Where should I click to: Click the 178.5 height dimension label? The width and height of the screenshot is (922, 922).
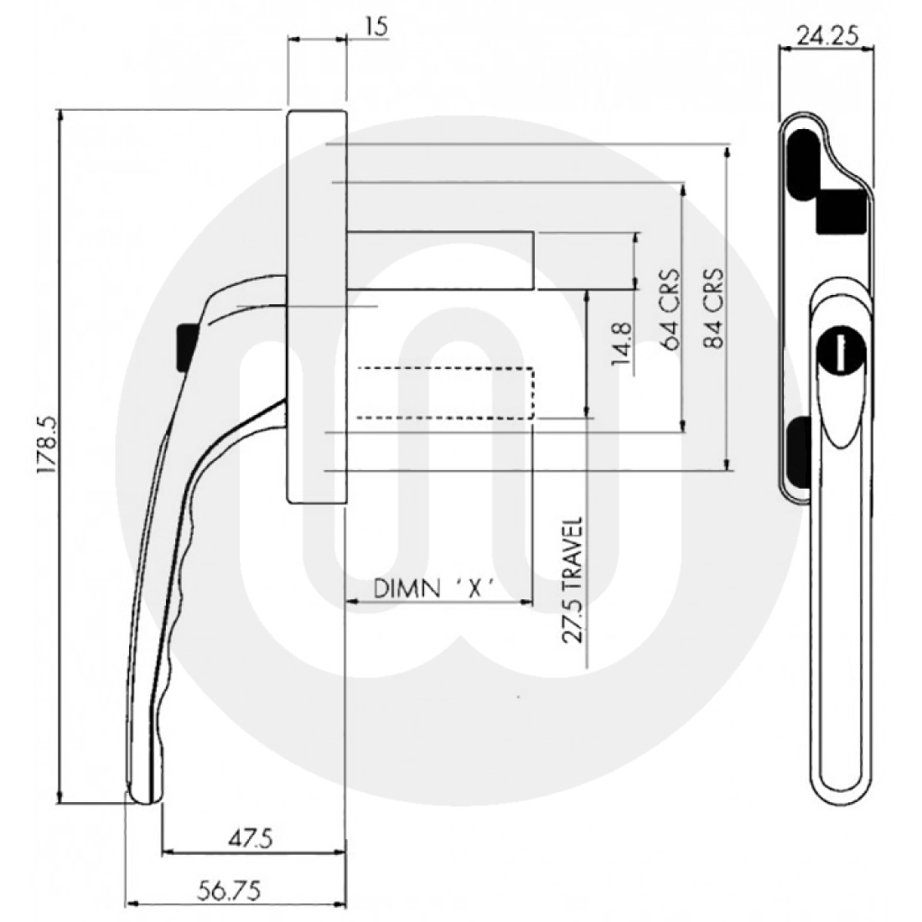[47, 456]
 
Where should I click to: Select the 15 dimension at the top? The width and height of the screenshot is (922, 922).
[376, 27]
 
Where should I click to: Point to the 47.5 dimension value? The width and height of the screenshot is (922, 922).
[251, 838]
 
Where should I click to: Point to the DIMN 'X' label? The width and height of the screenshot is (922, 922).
[432, 588]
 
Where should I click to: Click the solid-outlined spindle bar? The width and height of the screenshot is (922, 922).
[439, 261]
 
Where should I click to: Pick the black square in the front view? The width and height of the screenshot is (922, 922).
[840, 211]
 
